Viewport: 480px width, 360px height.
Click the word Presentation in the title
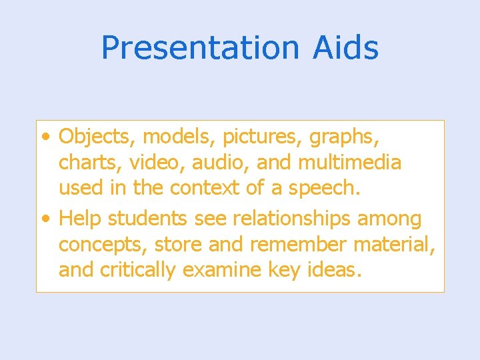pos(200,48)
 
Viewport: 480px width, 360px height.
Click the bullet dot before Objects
pos(44,137)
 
